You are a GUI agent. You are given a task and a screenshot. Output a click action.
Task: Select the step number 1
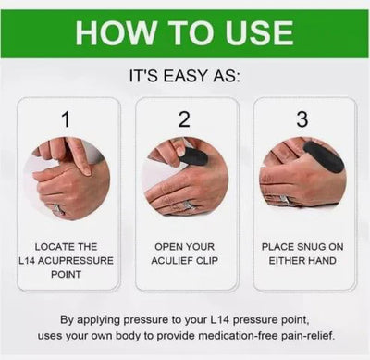coord(66,119)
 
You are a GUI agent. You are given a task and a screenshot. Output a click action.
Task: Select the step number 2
coord(184,119)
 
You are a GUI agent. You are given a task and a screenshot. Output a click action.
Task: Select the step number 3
coord(302,119)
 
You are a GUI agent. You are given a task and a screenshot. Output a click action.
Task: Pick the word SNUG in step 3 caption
coord(303,247)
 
